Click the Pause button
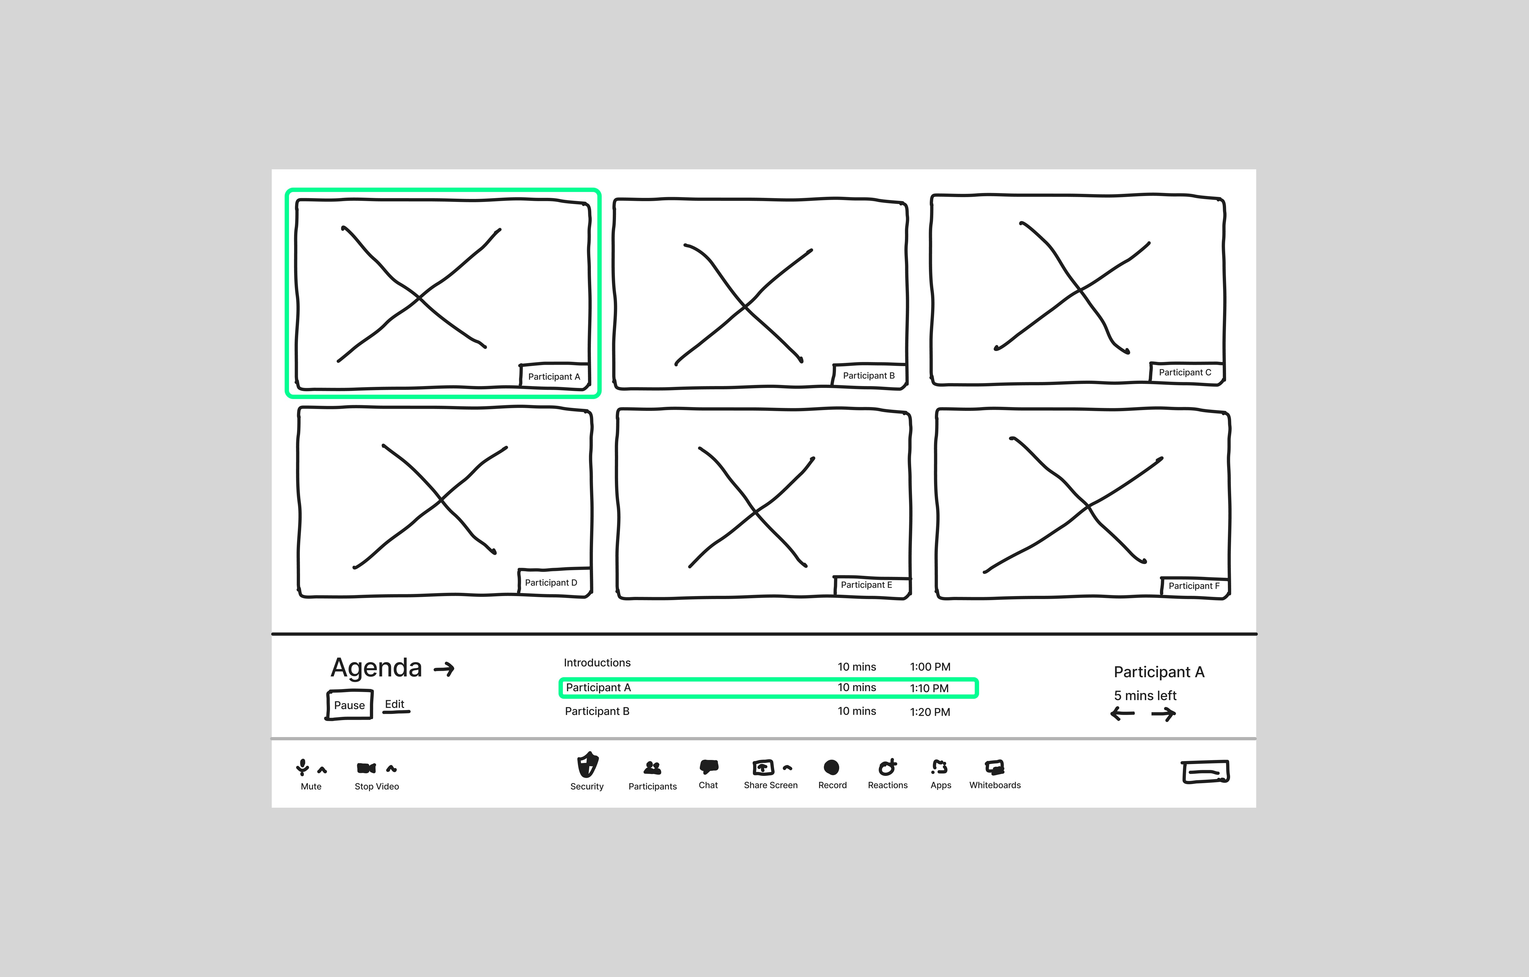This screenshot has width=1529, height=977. pos(349,705)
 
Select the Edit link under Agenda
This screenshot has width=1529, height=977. pos(395,705)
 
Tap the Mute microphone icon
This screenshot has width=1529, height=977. pos(302,768)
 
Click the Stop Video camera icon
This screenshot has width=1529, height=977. pos(366,768)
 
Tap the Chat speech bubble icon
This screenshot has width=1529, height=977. pos(709,767)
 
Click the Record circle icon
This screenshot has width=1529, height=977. pos(832,768)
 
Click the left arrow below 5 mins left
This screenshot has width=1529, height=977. pos(1122,714)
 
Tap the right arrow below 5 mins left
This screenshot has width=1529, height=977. pos(1163,714)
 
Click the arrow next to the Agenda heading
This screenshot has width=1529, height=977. pos(445,669)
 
